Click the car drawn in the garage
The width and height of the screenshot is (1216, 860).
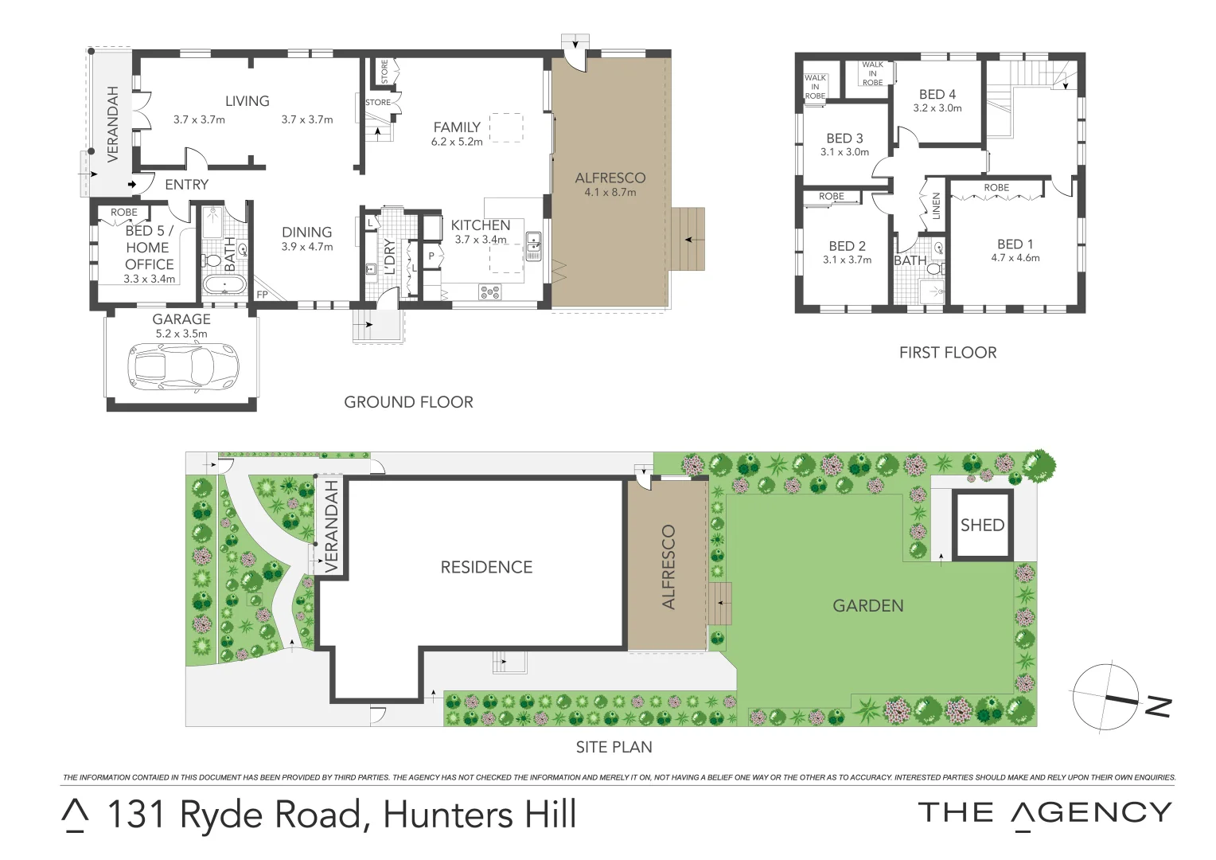pyautogui.click(x=182, y=366)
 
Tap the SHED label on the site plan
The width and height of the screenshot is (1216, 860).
pyautogui.click(x=982, y=526)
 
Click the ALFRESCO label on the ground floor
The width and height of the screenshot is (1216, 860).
pyautogui.click(x=610, y=178)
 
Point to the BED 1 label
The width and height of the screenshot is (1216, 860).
pyautogui.click(x=1015, y=244)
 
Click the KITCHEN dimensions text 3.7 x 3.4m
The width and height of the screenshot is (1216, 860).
pyautogui.click(x=481, y=240)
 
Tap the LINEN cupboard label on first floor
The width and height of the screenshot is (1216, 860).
pyautogui.click(x=936, y=205)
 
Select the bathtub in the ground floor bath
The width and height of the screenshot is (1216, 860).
pyautogui.click(x=225, y=284)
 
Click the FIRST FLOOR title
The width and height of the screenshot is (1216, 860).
pyautogui.click(x=947, y=353)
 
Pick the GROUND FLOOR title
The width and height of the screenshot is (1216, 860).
pyautogui.click(x=408, y=402)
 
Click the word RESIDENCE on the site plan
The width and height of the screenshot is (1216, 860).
pyautogui.click(x=486, y=568)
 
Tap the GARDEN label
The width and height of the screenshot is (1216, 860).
pyautogui.click(x=867, y=606)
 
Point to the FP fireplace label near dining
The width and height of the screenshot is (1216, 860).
pyautogui.click(x=263, y=295)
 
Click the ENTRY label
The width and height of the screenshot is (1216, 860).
pyautogui.click(x=186, y=185)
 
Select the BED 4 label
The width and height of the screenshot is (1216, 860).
pyautogui.click(x=937, y=94)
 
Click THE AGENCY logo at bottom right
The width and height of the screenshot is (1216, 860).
pyautogui.click(x=1044, y=814)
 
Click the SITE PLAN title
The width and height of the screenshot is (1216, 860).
pyautogui.click(x=614, y=747)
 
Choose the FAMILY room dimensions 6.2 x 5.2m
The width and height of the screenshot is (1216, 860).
pyautogui.click(x=457, y=142)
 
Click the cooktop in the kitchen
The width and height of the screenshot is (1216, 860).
pyautogui.click(x=490, y=292)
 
